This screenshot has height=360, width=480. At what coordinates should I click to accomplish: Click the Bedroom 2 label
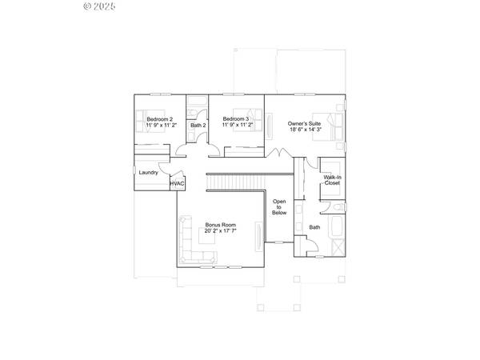(159, 120)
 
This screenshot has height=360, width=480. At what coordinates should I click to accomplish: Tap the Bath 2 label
(198, 125)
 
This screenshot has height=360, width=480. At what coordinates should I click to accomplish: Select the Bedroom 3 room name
(236, 120)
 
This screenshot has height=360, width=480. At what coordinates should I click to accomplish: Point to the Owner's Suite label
(305, 122)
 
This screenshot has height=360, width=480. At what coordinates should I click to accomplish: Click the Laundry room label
(148, 172)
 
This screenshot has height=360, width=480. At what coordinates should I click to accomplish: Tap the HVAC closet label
(177, 184)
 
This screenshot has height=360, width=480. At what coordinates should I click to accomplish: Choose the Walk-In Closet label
(332, 180)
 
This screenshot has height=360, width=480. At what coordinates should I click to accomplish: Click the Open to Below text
(279, 207)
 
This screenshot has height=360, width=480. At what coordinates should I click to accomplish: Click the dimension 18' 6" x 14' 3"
(305, 129)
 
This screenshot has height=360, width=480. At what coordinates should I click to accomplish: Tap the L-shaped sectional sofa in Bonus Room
(192, 245)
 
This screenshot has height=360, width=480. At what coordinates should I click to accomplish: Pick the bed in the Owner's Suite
(333, 124)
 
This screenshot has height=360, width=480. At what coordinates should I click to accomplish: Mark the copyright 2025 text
(100, 6)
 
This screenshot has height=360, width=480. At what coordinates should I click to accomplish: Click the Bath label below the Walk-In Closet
(314, 227)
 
